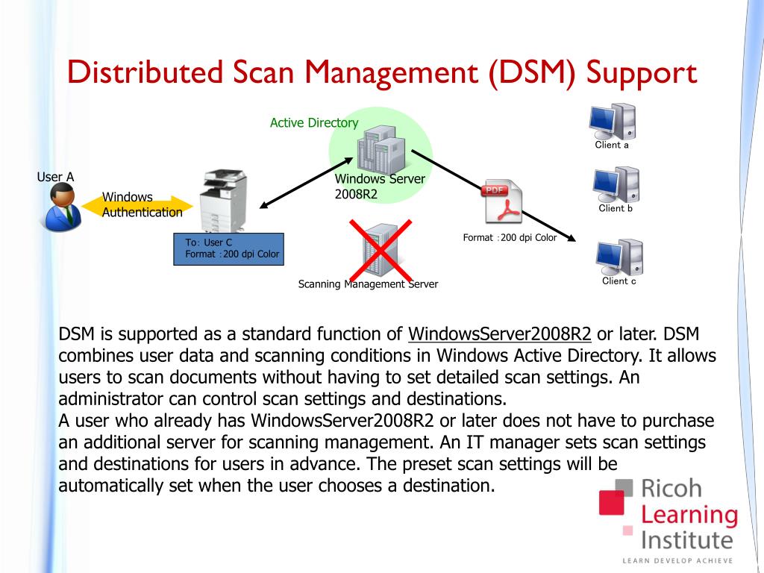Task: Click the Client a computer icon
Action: [612, 121]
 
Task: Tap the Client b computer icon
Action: [616, 184]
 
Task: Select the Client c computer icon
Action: [619, 257]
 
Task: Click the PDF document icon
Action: [503, 201]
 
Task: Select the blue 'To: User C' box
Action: [228, 248]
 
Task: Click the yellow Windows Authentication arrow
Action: [142, 204]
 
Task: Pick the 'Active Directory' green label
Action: [314, 122]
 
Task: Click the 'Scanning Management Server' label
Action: [368, 284]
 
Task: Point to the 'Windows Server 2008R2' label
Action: [380, 187]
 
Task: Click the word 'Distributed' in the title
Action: [140, 73]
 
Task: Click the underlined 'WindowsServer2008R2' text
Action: [500, 334]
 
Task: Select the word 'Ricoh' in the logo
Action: [671, 489]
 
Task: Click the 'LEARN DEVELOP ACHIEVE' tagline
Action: [678, 560]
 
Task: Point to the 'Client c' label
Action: [619, 281]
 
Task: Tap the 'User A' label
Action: [56, 177]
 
